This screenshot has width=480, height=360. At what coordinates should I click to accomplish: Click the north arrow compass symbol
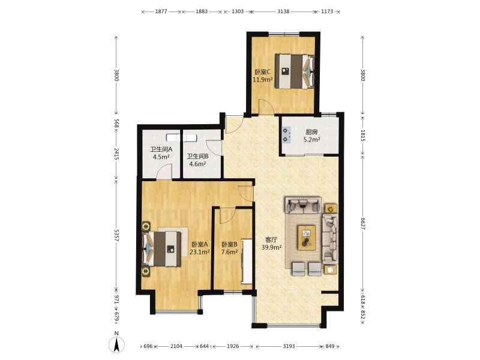point(116,343)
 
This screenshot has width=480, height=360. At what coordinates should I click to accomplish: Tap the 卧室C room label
point(263,72)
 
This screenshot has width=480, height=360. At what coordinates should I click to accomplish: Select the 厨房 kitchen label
point(311,132)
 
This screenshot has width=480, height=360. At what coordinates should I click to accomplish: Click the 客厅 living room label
point(272,239)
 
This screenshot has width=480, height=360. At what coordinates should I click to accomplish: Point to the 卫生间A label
point(161,149)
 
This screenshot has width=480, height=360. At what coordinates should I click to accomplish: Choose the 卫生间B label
point(198,156)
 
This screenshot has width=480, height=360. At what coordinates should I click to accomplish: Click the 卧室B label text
point(230,244)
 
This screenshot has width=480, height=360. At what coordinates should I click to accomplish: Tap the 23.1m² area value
point(200,252)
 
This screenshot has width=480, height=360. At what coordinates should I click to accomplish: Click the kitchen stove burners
point(286,135)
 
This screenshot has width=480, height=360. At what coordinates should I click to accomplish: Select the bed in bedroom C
point(295,71)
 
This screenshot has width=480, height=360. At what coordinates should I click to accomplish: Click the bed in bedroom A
point(161,248)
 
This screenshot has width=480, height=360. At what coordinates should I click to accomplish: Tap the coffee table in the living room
point(307,237)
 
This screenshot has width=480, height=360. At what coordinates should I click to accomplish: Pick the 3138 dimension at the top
point(283,11)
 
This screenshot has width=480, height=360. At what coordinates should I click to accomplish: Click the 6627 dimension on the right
point(363,224)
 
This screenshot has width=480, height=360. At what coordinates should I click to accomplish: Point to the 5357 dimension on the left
point(116,235)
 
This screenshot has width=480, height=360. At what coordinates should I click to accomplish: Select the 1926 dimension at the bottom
point(233,346)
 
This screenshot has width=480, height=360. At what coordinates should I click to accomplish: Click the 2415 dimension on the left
point(116,154)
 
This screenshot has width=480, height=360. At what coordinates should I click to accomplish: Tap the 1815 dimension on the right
point(363,136)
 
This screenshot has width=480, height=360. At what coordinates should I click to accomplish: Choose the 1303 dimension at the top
point(238,11)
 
